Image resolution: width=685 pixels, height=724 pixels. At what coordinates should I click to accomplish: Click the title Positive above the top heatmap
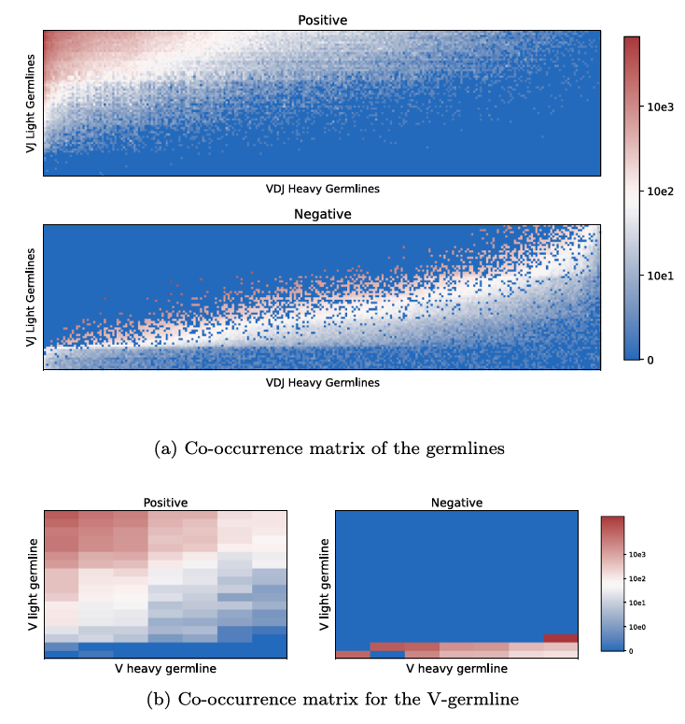322,21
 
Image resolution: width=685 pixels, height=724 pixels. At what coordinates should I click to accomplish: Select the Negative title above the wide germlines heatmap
322,214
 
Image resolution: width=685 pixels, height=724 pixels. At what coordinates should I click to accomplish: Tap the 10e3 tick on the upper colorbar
660,107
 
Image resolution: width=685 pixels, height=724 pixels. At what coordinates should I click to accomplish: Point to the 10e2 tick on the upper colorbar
660,192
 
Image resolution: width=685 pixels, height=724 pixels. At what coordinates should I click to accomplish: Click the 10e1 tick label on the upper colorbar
660,276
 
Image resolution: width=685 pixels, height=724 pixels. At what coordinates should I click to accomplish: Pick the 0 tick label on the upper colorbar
650,361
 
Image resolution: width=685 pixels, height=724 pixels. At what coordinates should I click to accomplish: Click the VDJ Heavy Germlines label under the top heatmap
322,189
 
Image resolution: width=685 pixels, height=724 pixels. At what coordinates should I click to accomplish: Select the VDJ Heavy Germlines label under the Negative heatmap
322,383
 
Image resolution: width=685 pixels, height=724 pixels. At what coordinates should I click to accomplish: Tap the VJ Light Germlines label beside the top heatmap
31,104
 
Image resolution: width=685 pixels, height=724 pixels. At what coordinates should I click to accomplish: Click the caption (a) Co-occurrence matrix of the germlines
329,448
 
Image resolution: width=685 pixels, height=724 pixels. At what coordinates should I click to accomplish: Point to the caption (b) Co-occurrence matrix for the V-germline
332,699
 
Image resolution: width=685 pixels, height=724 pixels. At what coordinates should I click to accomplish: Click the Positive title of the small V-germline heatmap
165,503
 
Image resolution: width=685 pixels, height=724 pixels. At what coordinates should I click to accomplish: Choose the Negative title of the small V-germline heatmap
456,503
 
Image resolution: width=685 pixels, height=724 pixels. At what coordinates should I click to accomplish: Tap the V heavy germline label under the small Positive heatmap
165,669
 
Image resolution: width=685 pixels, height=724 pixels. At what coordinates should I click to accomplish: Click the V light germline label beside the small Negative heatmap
324,584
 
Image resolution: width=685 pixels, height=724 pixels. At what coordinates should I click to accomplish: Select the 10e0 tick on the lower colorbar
637,627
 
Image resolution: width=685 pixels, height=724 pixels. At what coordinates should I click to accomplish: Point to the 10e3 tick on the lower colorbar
637,555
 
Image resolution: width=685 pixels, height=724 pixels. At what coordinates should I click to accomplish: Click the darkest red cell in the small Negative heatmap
561,639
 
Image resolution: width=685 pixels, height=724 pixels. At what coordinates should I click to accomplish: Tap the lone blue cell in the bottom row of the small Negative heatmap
387,654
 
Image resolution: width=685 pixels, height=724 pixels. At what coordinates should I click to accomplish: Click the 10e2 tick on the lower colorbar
637,578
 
